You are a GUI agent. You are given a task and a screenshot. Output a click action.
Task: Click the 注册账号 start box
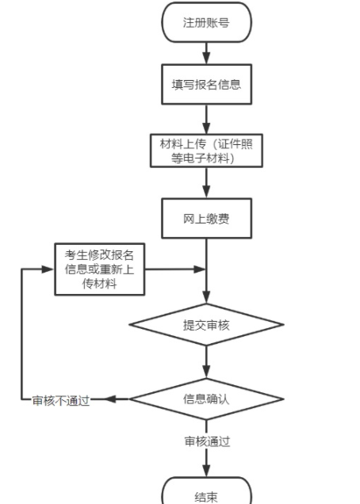point(206,23)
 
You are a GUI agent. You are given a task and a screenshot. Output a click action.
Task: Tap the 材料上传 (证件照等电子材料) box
point(206,151)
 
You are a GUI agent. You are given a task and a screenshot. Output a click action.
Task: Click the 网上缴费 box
point(206,219)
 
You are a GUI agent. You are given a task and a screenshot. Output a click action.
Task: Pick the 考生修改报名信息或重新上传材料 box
point(100,269)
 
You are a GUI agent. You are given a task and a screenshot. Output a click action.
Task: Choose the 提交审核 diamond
point(206,324)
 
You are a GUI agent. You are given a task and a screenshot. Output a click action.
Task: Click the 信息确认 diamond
point(206,399)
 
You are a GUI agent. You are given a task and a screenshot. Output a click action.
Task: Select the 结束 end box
point(206,496)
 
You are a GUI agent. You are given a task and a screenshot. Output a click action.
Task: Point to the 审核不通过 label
point(60,399)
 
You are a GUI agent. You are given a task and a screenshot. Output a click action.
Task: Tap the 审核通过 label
point(207,441)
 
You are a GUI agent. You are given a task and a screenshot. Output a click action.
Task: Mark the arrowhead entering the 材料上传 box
point(206,128)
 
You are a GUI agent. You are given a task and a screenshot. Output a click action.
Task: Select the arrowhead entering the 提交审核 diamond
point(206,299)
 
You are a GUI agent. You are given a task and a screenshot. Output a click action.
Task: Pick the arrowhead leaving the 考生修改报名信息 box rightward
point(201,269)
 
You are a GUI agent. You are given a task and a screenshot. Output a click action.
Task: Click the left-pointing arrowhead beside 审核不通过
point(110,399)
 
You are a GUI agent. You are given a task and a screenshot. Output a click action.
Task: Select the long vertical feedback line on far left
point(21,333)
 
